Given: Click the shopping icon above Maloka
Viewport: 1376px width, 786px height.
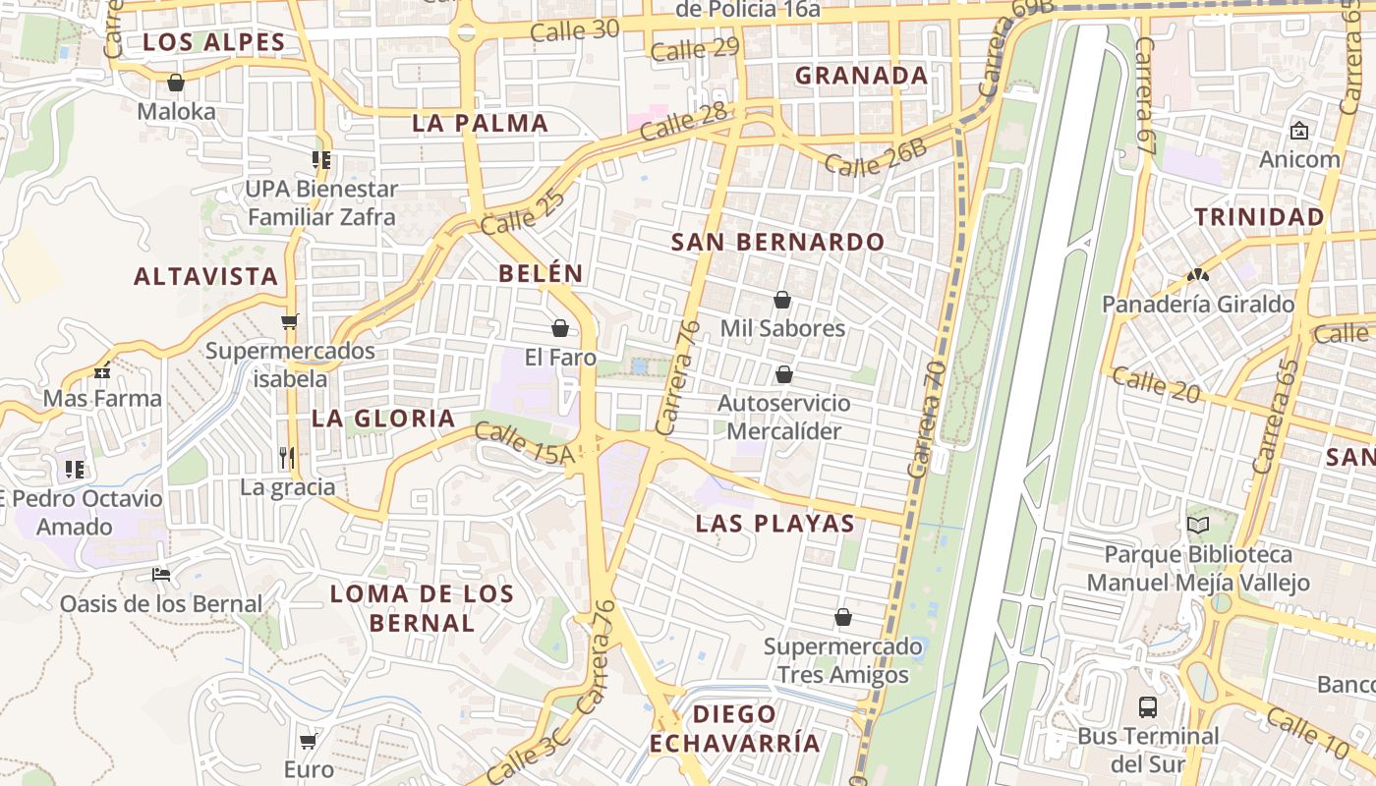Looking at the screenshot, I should click(x=176, y=83).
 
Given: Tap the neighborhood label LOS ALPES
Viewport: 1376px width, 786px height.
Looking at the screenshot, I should click(x=213, y=42).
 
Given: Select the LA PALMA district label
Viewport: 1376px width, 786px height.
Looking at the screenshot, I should click(x=480, y=124).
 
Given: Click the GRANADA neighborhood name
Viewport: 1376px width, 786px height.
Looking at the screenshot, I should click(x=861, y=76).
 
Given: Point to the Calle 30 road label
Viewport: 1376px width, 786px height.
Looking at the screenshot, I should click(x=574, y=30).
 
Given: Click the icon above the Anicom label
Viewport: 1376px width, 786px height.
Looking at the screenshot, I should click(x=1298, y=131).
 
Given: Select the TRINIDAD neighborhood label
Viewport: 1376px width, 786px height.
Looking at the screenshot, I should click(x=1259, y=217).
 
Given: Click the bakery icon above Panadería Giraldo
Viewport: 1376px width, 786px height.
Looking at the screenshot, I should click(x=1197, y=276).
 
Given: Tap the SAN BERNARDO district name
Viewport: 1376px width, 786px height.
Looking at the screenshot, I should click(x=777, y=242).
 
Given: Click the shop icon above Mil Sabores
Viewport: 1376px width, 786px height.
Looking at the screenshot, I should click(x=782, y=300).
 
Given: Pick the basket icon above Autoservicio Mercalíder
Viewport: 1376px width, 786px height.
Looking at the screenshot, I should click(x=783, y=374).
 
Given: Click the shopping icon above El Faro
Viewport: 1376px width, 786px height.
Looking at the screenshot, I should click(x=560, y=328).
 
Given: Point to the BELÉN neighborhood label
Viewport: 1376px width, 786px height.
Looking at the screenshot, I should click(x=541, y=274).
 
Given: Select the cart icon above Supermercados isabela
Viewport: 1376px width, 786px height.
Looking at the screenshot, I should click(x=289, y=321).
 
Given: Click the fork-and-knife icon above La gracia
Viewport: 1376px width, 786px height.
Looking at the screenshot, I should click(x=287, y=457).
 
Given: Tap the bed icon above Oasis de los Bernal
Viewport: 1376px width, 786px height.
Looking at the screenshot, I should click(x=161, y=574).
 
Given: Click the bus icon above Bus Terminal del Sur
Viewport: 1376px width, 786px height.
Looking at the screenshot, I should click(x=1147, y=706).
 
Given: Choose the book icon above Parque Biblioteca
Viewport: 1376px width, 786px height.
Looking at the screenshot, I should click(x=1197, y=526).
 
